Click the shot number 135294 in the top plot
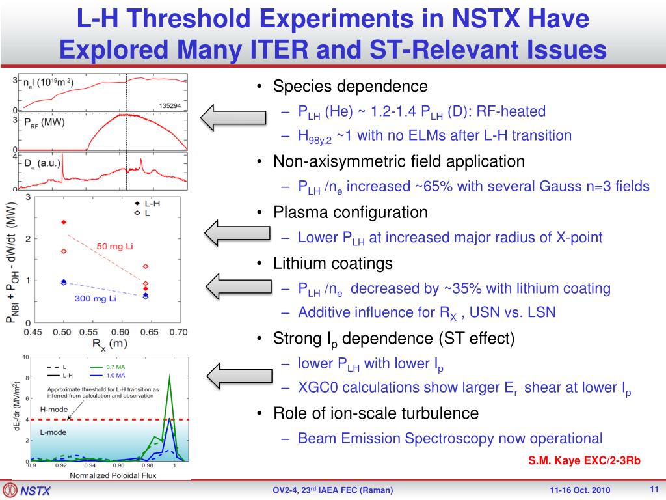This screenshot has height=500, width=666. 170,105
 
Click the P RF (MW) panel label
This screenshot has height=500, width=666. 44,122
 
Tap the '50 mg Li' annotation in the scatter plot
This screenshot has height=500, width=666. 115,247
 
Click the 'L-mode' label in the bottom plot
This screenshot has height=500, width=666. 53,432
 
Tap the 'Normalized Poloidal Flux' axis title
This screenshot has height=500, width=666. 103,475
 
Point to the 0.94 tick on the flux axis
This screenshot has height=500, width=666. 89,465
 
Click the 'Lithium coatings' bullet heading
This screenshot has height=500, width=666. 333,264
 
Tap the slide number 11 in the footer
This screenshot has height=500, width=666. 654,489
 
